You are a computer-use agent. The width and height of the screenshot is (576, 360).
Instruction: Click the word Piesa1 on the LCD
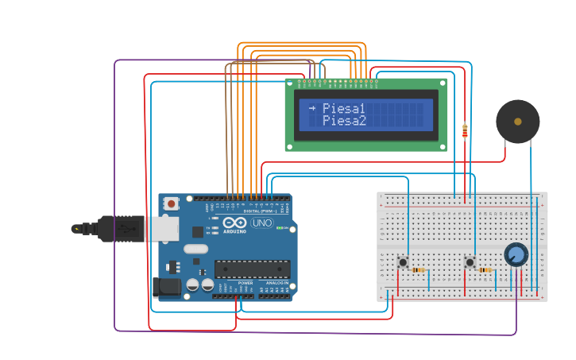[x=344, y=109]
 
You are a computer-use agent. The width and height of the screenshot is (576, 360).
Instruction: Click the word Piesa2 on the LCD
[x=344, y=121]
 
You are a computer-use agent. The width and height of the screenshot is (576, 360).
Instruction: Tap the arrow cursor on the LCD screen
[x=312, y=108]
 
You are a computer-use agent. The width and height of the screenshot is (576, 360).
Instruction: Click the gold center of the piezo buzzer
[x=518, y=122]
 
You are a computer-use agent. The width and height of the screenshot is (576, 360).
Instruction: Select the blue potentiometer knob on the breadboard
[x=516, y=254]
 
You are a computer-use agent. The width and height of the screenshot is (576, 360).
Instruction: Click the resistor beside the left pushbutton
[x=418, y=270]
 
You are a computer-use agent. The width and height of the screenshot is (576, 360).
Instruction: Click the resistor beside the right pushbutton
[x=485, y=270]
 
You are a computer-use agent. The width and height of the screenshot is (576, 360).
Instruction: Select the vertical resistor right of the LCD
[x=465, y=130]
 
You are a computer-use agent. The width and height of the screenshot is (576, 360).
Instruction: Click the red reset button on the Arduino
[x=171, y=203]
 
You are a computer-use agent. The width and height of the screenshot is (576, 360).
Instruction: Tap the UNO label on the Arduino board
[x=261, y=223]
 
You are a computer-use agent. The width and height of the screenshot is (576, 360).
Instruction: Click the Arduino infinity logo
[x=235, y=223]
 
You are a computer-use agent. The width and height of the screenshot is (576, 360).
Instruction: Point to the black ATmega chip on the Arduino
[x=252, y=269]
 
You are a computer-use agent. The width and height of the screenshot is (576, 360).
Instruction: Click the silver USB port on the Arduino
[x=161, y=229]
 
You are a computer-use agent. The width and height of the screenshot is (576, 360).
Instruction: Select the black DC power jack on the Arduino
[x=168, y=286]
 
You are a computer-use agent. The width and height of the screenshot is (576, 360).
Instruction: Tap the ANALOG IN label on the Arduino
[x=276, y=283]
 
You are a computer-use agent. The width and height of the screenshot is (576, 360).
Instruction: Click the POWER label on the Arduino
[x=245, y=283]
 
